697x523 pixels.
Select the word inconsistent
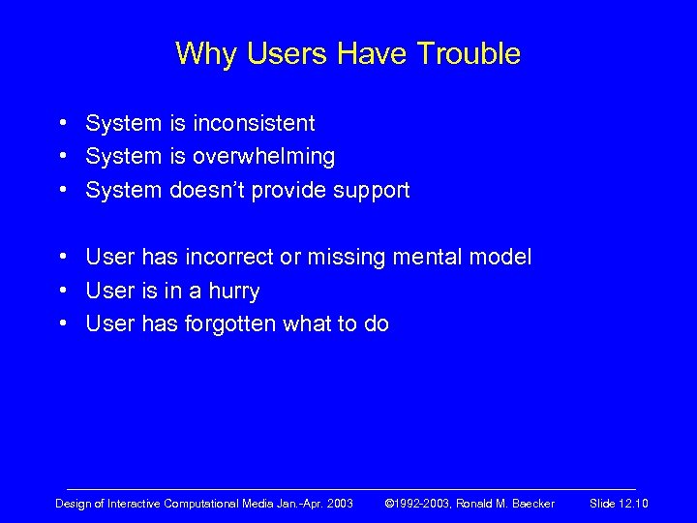tap(254, 124)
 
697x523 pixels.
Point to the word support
tap(372, 191)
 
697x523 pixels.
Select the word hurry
tap(234, 292)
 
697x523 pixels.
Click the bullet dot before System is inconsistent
tap(61, 124)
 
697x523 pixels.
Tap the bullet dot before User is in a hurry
tap(61, 291)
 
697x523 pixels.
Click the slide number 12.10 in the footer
tap(634, 504)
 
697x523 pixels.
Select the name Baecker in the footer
tap(530, 504)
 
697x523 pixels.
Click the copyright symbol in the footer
tap(389, 504)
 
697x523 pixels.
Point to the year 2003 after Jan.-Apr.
tap(340, 504)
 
